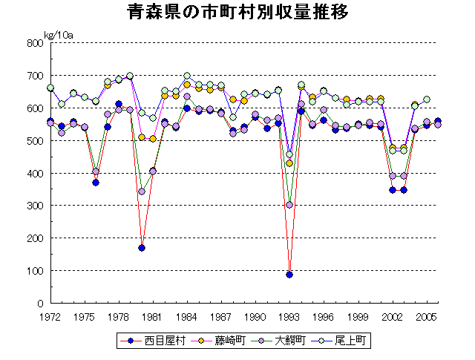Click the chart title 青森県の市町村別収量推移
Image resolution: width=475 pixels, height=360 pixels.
[x=237, y=13]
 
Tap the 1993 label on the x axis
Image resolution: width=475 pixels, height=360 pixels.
[x=289, y=316]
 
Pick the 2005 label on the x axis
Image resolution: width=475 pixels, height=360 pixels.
[x=426, y=316]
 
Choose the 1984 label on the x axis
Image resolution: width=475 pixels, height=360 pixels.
[x=187, y=316]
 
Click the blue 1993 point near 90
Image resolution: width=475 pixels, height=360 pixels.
[x=289, y=275]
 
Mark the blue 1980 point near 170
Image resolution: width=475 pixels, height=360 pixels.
[x=142, y=248]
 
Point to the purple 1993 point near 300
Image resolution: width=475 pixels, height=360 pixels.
[x=289, y=205]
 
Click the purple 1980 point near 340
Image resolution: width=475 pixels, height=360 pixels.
[x=142, y=192]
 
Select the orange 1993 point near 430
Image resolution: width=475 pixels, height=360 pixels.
[x=289, y=163]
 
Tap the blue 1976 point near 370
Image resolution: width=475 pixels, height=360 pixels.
[x=96, y=183]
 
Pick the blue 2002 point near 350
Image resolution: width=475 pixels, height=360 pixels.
[x=392, y=190]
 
